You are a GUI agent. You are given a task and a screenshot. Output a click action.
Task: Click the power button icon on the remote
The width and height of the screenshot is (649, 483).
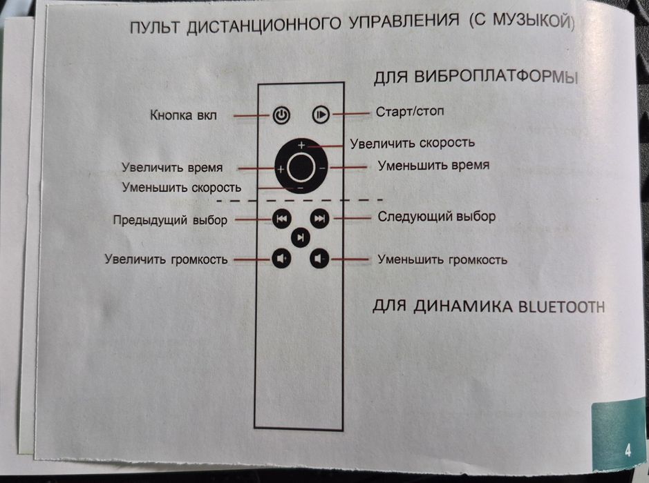tap(281, 115)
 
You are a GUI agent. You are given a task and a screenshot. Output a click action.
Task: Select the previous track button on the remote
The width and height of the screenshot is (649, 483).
tap(281, 219)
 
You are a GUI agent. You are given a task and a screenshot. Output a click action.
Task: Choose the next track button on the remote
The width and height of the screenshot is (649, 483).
tap(319, 219)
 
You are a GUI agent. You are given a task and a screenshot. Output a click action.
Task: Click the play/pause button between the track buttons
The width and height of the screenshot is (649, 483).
tap(300, 238)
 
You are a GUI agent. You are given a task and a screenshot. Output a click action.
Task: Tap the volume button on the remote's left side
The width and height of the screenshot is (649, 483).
tap(281, 259)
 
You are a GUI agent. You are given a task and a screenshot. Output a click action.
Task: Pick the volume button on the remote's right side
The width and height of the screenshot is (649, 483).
tap(319, 259)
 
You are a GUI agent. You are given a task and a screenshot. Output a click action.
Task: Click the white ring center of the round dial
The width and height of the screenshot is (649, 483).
tap(300, 166)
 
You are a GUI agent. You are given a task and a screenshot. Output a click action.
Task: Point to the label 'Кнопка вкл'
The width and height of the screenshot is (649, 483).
tap(183, 115)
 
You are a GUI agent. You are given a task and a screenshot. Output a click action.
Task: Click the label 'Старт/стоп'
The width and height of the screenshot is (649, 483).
tap(411, 112)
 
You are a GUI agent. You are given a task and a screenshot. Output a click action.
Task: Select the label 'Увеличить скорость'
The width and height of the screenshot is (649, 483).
tap(412, 143)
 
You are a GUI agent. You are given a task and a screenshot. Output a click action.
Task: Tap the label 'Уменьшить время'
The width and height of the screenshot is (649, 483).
tap(433, 166)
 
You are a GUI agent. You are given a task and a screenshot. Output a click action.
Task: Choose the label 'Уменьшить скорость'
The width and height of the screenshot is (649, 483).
tap(181, 187)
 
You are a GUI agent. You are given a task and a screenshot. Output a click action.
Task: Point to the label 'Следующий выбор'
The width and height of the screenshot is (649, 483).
tap(436, 217)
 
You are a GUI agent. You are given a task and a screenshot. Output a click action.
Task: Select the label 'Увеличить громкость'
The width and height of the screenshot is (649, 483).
tap(166, 260)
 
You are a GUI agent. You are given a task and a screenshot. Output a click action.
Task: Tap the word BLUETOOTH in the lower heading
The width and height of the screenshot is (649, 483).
tap(561, 306)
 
